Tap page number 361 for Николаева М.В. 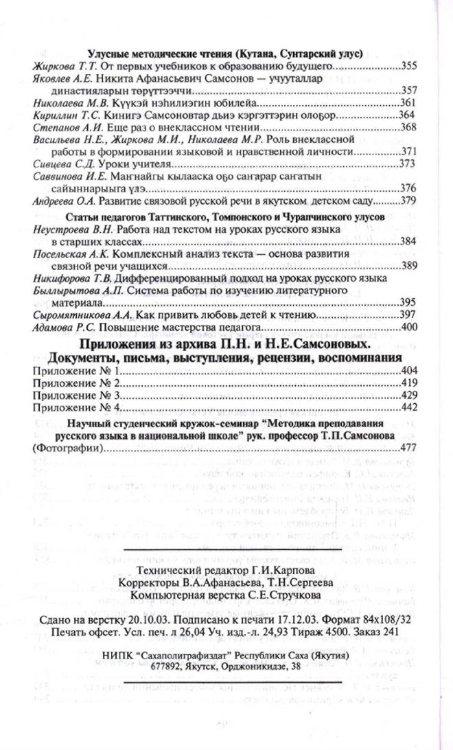coord(409,102)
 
